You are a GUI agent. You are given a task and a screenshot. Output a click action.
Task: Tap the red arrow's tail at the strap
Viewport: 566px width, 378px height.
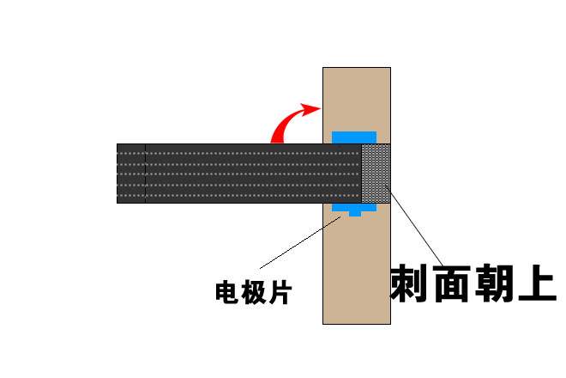tap(277, 141)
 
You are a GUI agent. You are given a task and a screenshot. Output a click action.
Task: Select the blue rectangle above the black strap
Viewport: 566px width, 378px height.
tap(354, 137)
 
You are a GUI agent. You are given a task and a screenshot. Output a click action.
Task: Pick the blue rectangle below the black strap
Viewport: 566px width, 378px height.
tap(354, 207)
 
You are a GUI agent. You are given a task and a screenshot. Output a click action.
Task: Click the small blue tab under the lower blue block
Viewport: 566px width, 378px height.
tap(355, 214)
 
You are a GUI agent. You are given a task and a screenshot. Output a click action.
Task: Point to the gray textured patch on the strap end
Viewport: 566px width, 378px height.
tap(376, 174)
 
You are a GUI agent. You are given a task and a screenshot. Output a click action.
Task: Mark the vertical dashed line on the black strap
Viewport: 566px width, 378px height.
tap(146, 174)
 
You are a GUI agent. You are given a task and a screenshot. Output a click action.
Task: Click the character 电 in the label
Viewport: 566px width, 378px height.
tap(227, 291)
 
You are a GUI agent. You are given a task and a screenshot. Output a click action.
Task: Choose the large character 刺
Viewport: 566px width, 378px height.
tap(409, 283)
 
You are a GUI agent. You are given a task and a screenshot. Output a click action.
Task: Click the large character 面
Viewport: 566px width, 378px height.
tap(452, 283)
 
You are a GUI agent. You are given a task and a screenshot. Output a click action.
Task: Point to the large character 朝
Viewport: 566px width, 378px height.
tap(494, 283)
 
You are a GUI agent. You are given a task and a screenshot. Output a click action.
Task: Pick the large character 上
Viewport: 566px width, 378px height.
tap(537, 283)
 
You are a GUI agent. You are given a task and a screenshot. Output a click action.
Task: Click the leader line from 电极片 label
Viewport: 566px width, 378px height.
tap(300, 242)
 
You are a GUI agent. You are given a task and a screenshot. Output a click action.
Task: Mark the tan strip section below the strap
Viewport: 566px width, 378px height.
tap(357, 268)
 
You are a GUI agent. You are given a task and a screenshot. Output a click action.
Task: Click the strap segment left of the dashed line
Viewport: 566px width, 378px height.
tap(131, 174)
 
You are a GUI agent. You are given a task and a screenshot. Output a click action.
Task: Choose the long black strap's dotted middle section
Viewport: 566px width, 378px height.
tap(253, 174)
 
